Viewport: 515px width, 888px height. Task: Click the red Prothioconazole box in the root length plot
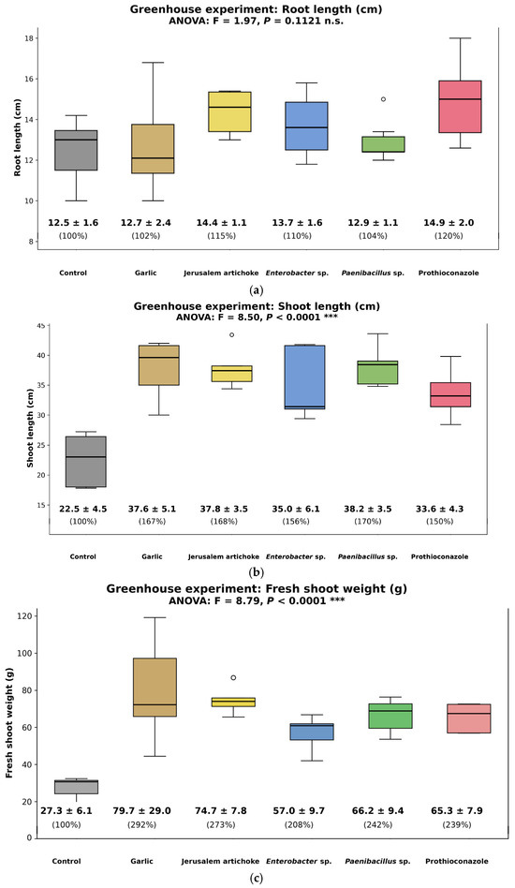460,107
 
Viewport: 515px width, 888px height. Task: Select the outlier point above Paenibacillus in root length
383,99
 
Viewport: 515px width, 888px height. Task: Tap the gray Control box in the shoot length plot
85,462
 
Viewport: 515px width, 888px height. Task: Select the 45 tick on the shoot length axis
40,326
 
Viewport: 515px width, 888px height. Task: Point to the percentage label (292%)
142,824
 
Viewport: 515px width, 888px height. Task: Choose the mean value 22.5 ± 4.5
83,509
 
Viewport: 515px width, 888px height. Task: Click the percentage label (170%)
368,521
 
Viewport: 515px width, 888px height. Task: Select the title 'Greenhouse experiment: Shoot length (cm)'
257,306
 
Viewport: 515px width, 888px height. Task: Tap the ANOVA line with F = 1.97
257,21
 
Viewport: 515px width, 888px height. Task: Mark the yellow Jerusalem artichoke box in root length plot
229,111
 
